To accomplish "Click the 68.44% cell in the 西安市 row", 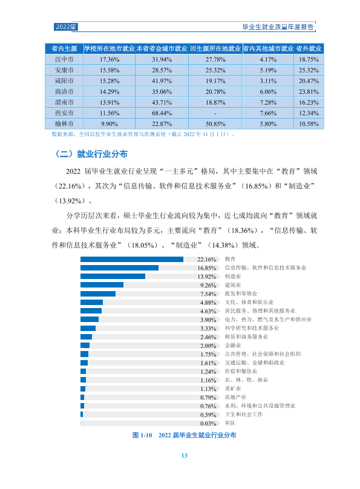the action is coord(162,113).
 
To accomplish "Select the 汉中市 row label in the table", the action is coord(64,59).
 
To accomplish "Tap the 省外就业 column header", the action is coord(309,48).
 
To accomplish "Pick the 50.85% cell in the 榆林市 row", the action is coord(215,124).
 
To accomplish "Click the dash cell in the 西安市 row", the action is coord(215,113).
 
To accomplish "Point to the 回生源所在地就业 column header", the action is coord(215,48).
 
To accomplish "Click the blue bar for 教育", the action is coord(132,259).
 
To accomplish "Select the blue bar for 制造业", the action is coord(113,277).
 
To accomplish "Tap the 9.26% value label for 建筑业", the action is coord(208,285).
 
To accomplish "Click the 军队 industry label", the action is coord(230,423).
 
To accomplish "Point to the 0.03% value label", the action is coord(208,423).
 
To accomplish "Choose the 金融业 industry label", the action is coord(233,345).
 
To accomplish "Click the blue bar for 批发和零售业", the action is coord(98,294).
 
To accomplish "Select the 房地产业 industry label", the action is coord(235,397).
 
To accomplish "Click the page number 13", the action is coord(184,456).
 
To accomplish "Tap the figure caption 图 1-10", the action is coord(142,435).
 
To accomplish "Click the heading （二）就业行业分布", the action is coord(91,154).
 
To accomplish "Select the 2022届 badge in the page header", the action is coord(65,27).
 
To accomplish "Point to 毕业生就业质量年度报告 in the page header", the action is coord(278,27).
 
